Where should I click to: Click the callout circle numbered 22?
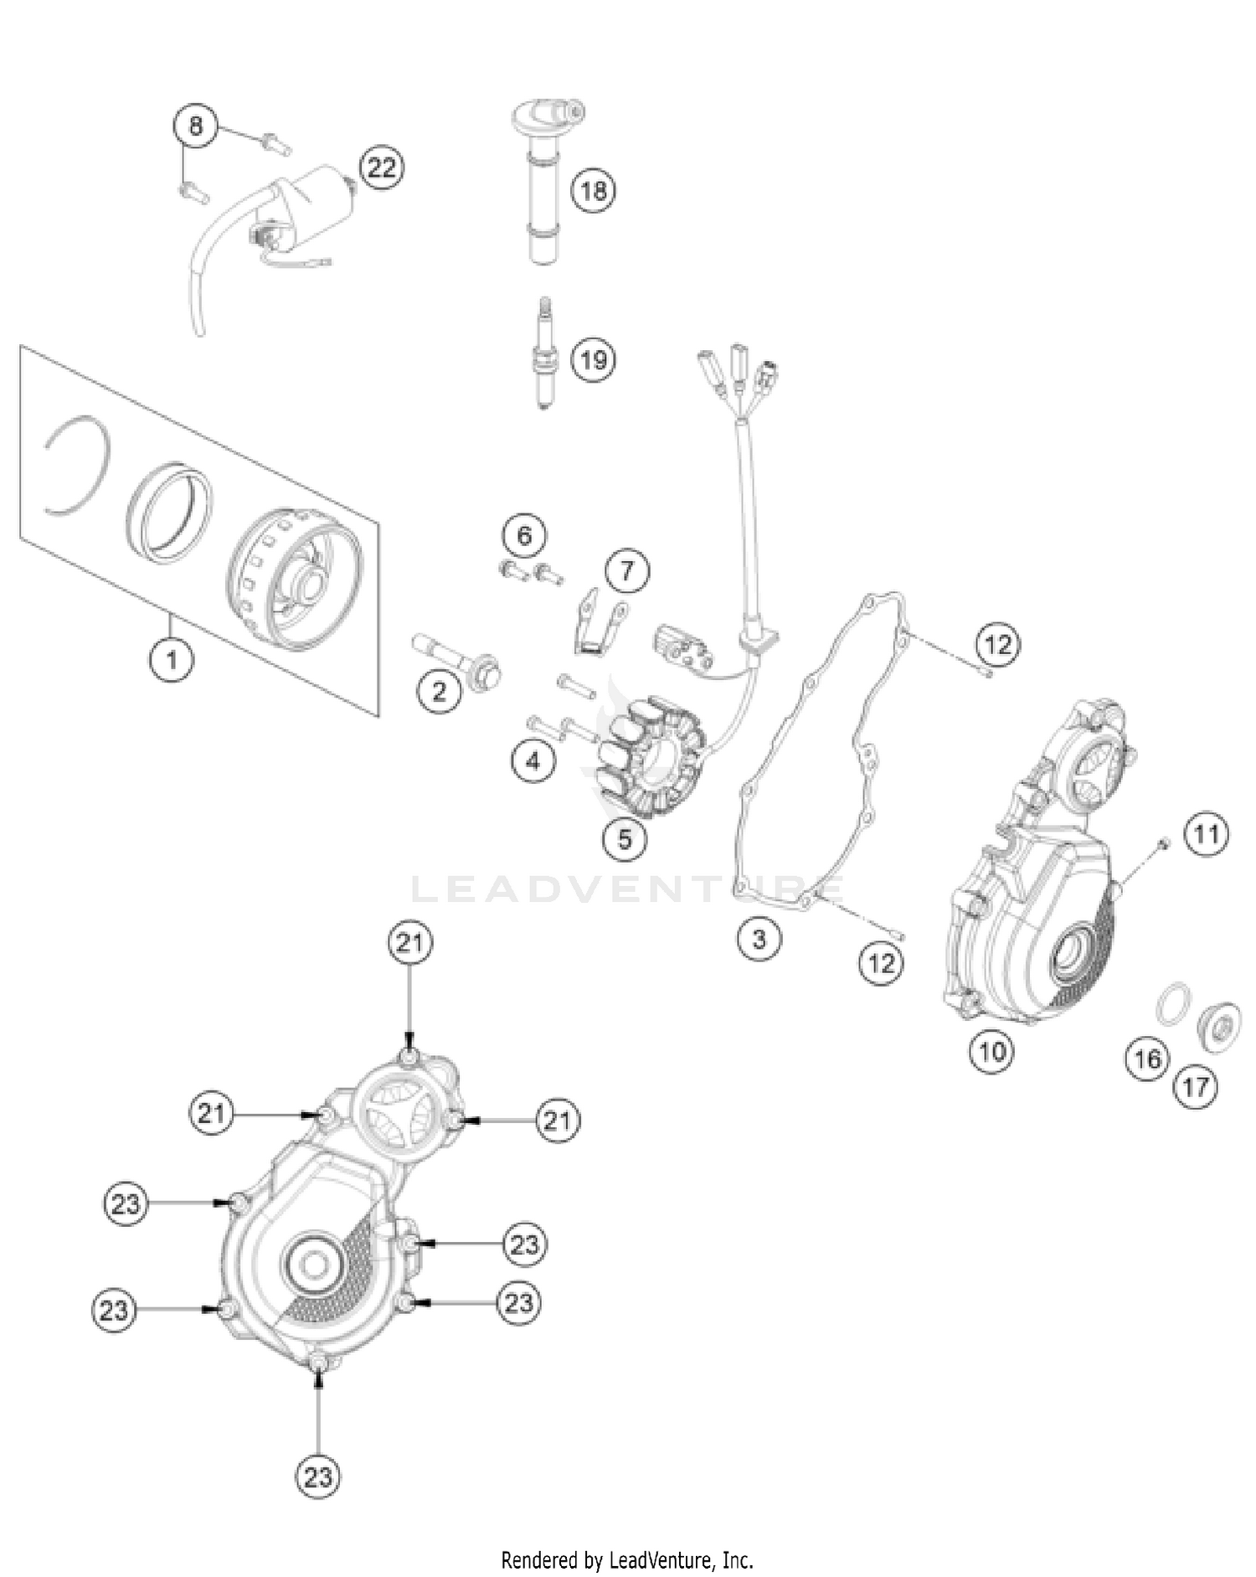[x=381, y=167]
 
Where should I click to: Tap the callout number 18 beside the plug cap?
[x=593, y=190]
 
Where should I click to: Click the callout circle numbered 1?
[x=172, y=660]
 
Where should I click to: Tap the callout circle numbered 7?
[x=627, y=572]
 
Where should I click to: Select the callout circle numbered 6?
[x=524, y=535]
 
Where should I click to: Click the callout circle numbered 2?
[x=440, y=691]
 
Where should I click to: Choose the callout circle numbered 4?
[x=533, y=760]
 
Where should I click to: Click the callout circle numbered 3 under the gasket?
[x=759, y=938]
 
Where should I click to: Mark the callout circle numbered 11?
[x=1206, y=835]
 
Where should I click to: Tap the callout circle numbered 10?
[x=991, y=1050]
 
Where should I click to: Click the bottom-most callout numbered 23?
[x=318, y=1499]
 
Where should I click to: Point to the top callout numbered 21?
[x=410, y=943]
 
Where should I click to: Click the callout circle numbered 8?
[x=195, y=127]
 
